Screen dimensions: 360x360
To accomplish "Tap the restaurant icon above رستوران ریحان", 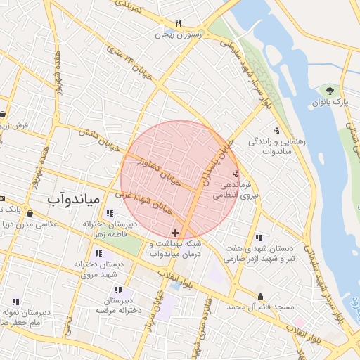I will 179,23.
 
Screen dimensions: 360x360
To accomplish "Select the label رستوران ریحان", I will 179,34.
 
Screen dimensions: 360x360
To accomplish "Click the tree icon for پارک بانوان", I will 329,91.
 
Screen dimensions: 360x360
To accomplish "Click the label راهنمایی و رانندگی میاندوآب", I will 276,146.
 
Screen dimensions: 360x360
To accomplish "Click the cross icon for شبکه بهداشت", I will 175,233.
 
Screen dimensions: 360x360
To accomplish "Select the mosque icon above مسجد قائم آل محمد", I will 261,297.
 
